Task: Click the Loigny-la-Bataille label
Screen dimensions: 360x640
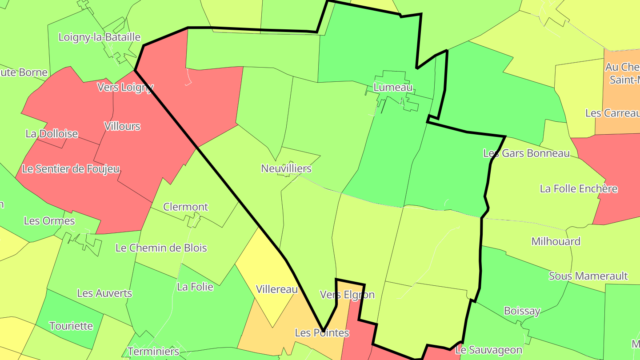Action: coord(100,37)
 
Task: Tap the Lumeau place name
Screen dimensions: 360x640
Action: coord(393,88)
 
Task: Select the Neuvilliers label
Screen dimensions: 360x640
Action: coord(286,169)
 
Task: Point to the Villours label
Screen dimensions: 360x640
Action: coord(122,126)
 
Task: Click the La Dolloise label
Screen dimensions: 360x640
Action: coord(52,134)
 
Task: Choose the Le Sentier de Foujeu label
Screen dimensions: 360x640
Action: coord(71,169)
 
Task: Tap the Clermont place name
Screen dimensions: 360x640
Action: coord(185,207)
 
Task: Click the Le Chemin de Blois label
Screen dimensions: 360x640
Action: coord(161,248)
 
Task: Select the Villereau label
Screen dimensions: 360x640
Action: coord(277,290)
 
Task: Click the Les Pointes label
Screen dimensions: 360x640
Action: coord(322,333)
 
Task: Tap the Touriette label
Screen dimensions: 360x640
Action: coord(71,326)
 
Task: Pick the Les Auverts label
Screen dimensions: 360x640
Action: coord(104,293)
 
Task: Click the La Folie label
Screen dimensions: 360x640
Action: coord(195,287)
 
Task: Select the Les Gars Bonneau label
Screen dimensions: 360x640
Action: coord(526,154)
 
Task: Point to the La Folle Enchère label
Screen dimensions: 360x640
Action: coord(579,189)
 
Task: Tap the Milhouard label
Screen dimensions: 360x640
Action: coord(556,242)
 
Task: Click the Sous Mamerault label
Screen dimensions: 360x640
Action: coord(588,276)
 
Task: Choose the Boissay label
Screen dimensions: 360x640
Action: coord(522,311)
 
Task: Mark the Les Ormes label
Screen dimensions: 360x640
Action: coord(49,221)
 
